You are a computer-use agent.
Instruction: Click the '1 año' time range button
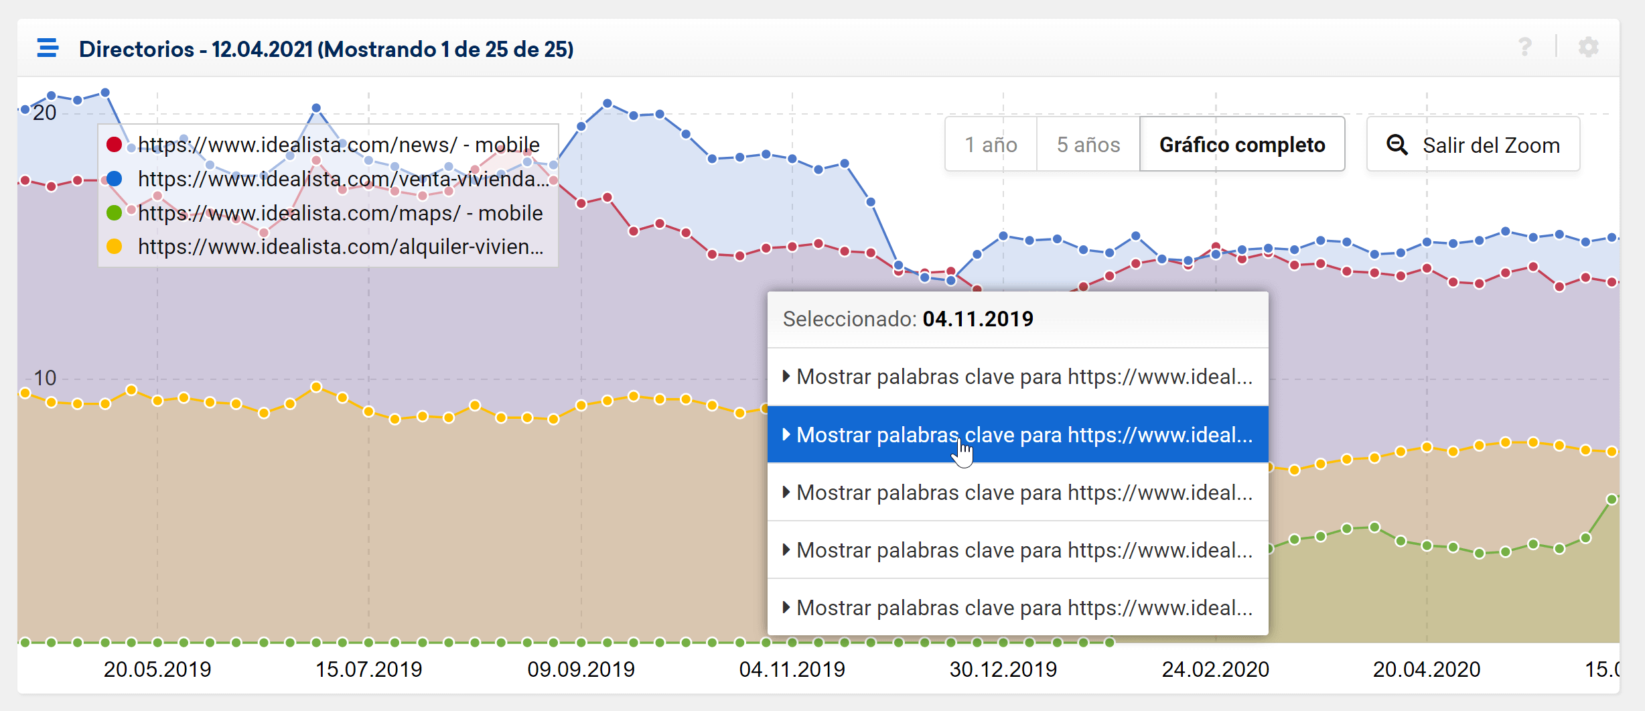(x=991, y=145)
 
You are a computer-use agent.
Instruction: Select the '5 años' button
(x=1088, y=145)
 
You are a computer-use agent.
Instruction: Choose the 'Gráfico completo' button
(x=1242, y=145)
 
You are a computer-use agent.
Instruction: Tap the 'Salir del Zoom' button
(x=1473, y=145)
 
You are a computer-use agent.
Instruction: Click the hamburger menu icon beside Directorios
(x=48, y=48)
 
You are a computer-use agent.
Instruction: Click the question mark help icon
(x=1525, y=47)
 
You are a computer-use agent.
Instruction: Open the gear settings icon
(x=1588, y=47)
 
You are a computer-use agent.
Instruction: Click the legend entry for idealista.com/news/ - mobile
(x=338, y=145)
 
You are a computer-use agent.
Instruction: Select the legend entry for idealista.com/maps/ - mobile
(x=340, y=213)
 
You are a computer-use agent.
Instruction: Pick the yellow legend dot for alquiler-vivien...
(x=115, y=247)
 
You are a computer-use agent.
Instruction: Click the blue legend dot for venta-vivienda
(x=115, y=179)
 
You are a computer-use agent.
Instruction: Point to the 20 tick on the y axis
(x=45, y=113)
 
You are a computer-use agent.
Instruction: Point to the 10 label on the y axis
(x=45, y=378)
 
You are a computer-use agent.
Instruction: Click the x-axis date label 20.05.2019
(x=157, y=669)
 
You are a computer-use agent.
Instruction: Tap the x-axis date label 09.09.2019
(x=581, y=669)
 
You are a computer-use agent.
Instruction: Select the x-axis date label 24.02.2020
(x=1215, y=669)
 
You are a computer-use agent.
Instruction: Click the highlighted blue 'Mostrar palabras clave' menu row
(x=1017, y=435)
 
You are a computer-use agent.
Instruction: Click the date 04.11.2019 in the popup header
(x=978, y=319)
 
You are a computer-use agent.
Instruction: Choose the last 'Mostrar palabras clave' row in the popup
(x=1017, y=608)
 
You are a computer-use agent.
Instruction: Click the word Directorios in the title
(x=137, y=49)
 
